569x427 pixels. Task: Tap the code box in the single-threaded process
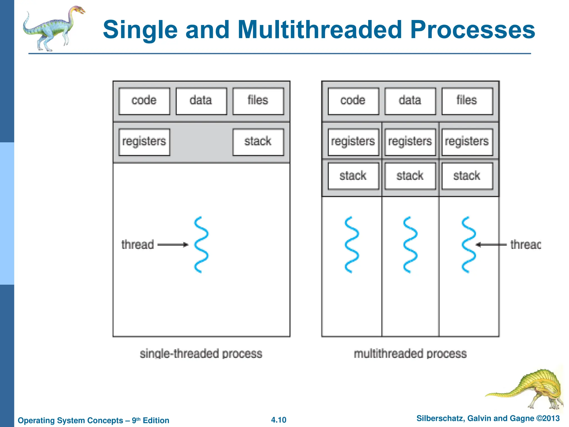(144, 101)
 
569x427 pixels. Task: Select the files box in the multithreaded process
(467, 101)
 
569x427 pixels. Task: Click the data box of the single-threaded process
(201, 101)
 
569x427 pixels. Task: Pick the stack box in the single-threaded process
(258, 142)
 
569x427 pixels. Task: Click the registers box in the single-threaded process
(144, 142)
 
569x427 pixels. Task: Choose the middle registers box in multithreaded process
(410, 142)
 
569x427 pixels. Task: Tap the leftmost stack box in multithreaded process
(353, 176)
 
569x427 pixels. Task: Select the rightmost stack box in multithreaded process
(467, 176)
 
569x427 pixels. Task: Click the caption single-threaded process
(201, 354)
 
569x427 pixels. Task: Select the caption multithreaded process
(410, 354)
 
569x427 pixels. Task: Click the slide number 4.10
(279, 420)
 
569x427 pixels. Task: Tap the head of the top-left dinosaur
(79, 11)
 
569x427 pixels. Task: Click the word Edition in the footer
(156, 420)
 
